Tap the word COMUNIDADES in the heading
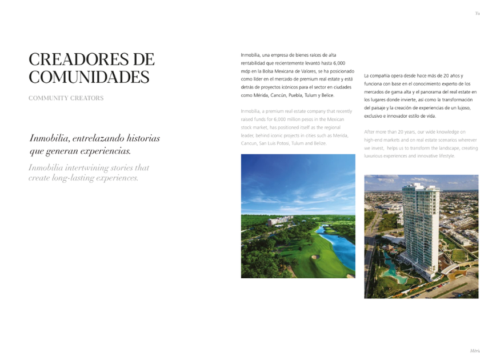click(x=89, y=77)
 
